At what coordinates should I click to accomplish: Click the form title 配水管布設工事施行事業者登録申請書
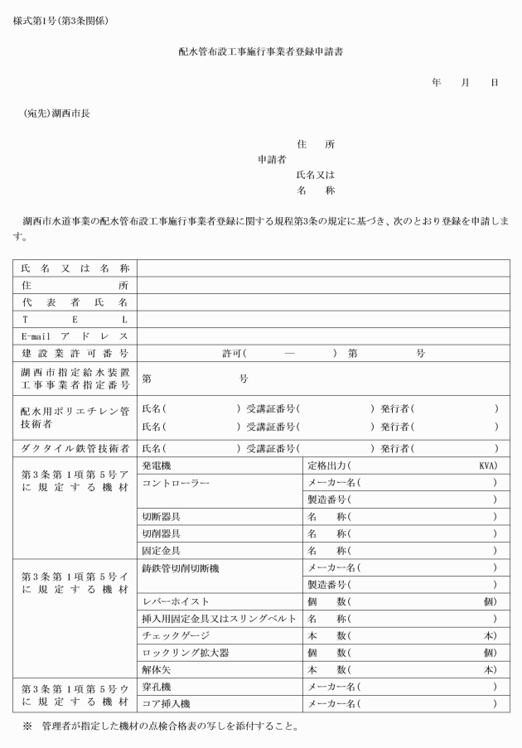click(x=261, y=51)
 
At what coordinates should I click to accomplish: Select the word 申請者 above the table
click(x=272, y=159)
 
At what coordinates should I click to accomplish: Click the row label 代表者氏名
click(x=75, y=302)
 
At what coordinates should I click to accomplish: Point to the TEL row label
click(x=75, y=319)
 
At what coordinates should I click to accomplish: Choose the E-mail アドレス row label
click(x=75, y=336)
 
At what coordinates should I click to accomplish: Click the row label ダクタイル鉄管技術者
click(x=75, y=448)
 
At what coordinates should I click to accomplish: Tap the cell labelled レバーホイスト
click(x=176, y=601)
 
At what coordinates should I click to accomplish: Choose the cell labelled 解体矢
click(x=157, y=669)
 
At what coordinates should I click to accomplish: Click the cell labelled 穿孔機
click(x=157, y=687)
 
